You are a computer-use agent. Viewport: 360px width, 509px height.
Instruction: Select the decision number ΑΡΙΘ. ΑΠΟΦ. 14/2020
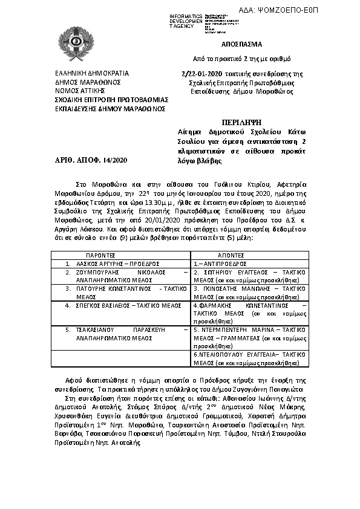tap(91, 160)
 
